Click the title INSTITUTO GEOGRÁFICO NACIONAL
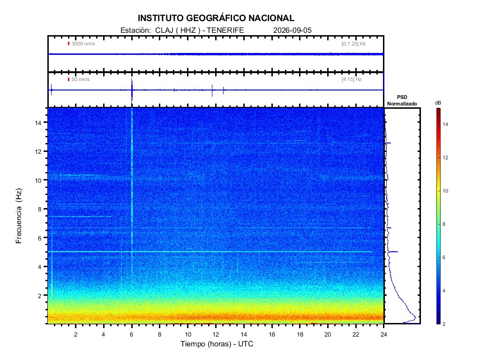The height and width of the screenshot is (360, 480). click(x=216, y=18)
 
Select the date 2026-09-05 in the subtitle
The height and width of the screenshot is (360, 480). click(x=292, y=30)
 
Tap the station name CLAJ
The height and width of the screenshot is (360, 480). click(x=164, y=30)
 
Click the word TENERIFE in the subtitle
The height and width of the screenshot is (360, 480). click(x=225, y=30)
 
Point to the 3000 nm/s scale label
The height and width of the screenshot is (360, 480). click(x=83, y=44)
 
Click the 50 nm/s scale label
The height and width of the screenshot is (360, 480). click(x=81, y=79)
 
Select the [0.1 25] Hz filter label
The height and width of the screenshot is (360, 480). click(x=353, y=44)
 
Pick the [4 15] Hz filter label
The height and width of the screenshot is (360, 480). click(x=352, y=79)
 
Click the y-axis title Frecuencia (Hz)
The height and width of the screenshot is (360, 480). click(x=19, y=216)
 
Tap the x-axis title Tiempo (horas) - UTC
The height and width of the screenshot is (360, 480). click(x=217, y=344)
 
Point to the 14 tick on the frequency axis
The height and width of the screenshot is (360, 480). click(x=38, y=123)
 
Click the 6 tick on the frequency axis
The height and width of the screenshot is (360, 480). click(x=39, y=238)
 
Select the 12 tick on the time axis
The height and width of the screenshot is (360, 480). click(x=216, y=334)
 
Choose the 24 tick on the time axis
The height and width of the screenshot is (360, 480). click(x=384, y=334)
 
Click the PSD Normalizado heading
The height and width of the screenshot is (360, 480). click(x=402, y=100)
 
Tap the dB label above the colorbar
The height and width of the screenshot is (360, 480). click(x=438, y=103)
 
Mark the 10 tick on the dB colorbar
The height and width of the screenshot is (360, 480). click(x=445, y=191)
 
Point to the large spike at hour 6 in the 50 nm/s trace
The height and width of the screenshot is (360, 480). click(x=132, y=90)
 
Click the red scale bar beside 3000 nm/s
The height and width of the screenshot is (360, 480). click(x=68, y=44)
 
